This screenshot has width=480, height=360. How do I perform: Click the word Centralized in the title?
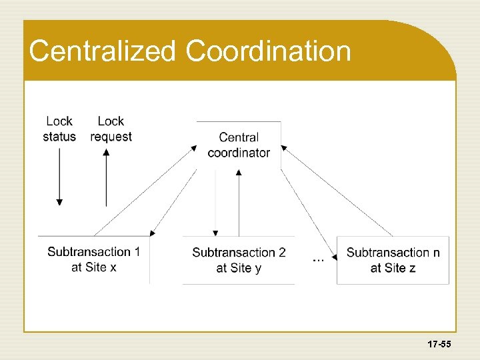(103, 51)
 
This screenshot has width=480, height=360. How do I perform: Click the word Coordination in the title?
(269, 51)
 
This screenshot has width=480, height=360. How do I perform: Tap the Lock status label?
(59, 129)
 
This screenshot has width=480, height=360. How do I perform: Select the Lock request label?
(111, 129)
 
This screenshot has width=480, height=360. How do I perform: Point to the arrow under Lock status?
(59, 177)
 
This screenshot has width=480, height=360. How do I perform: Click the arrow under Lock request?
(106, 177)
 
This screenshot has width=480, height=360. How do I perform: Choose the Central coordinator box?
(239, 145)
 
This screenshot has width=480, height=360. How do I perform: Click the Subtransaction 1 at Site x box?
(94, 259)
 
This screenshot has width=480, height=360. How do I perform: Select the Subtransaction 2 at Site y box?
(239, 260)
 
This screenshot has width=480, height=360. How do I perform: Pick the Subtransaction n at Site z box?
(393, 260)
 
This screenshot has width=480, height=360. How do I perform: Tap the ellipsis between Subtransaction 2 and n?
(319, 259)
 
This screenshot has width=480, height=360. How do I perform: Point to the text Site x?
(103, 267)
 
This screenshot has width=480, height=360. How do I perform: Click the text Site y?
(248, 268)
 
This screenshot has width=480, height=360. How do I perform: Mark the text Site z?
(402, 268)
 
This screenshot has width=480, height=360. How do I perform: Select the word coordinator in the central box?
(239, 153)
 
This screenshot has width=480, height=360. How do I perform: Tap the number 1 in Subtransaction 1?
(137, 251)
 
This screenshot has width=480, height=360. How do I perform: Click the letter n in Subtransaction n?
(436, 252)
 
